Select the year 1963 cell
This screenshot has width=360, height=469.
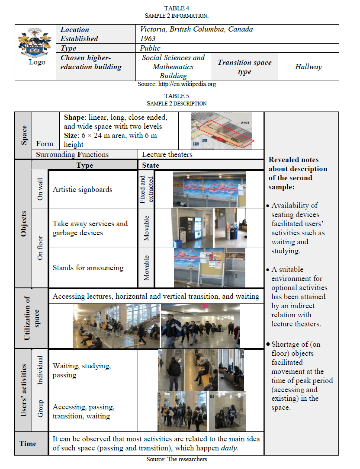click(x=148, y=39)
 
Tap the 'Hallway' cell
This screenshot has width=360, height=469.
click(x=308, y=67)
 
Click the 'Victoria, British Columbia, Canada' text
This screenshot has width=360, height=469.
click(x=196, y=29)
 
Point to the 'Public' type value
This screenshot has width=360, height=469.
click(x=150, y=48)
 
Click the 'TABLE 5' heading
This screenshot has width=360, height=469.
click(x=177, y=96)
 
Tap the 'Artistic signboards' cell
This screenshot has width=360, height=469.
click(x=83, y=189)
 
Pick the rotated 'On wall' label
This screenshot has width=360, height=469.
click(x=40, y=190)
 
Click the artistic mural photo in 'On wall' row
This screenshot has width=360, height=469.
click(x=209, y=189)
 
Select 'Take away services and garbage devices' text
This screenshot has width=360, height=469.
click(x=90, y=228)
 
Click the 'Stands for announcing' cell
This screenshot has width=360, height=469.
click(x=88, y=268)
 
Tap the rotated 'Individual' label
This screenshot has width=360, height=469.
click(x=40, y=370)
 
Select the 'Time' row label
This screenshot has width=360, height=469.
click(x=28, y=443)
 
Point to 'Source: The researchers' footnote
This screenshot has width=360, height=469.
click(x=177, y=459)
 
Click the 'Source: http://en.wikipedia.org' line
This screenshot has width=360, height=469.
click(x=177, y=84)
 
